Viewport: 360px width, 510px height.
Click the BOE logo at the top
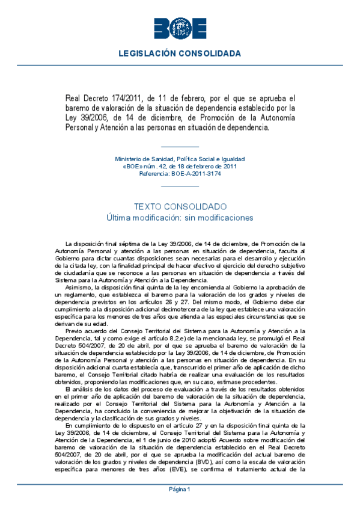point(180,28)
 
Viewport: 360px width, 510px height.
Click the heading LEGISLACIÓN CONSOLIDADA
point(180,54)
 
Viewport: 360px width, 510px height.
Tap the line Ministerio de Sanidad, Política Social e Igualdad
point(180,159)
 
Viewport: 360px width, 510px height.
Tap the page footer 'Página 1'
point(180,490)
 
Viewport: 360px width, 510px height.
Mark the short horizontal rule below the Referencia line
point(180,186)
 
